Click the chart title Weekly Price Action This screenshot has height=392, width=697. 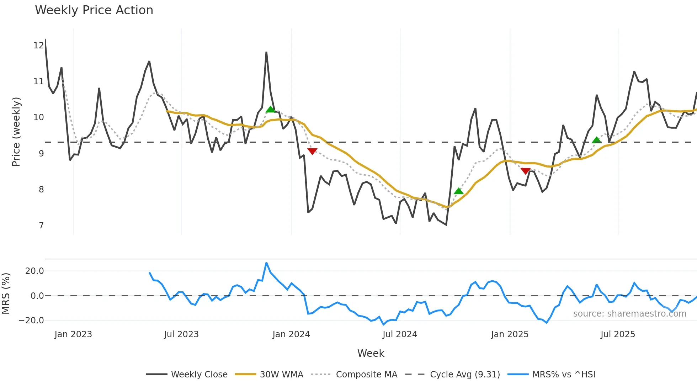click(94, 10)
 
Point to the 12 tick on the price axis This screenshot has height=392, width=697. click(38, 46)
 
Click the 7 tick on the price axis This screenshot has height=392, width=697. click(41, 226)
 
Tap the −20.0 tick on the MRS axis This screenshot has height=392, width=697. click(31, 321)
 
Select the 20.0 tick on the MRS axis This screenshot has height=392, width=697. click(34, 271)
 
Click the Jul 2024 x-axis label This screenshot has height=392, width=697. click(400, 334)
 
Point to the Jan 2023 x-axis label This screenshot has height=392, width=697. click(73, 334)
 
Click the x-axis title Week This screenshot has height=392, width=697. click(371, 353)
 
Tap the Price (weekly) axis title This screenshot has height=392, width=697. click(16, 132)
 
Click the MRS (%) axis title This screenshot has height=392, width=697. click(6, 293)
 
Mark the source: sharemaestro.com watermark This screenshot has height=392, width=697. click(629, 314)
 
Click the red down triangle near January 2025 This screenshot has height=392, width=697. click(526, 171)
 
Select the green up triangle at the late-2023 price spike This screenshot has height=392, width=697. click(271, 109)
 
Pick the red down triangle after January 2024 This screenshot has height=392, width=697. click(312, 151)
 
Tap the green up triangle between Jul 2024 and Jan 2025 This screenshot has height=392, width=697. click(459, 191)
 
